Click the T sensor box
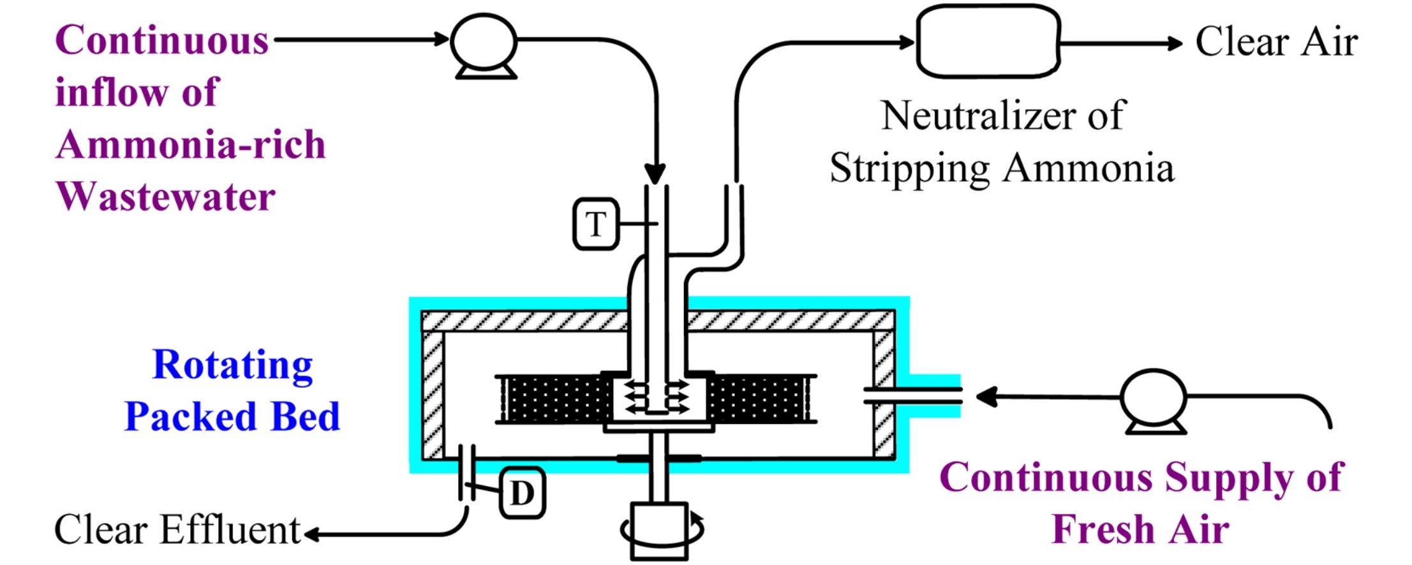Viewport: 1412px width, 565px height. (596, 223)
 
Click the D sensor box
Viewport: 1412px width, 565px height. (523, 492)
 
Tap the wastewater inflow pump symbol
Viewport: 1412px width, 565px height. (484, 46)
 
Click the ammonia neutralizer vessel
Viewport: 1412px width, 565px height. (988, 42)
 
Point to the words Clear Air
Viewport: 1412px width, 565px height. (1276, 42)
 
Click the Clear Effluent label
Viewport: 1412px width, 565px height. (177, 529)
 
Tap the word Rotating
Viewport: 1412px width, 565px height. (233, 366)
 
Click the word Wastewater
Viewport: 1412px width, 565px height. (165, 196)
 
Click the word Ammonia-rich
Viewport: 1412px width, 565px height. (191, 144)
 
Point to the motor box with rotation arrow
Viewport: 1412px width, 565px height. (660, 531)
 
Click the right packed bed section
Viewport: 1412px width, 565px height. (760, 399)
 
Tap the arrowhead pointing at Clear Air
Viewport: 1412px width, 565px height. (1175, 43)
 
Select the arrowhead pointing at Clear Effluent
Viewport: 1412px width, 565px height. (312, 534)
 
